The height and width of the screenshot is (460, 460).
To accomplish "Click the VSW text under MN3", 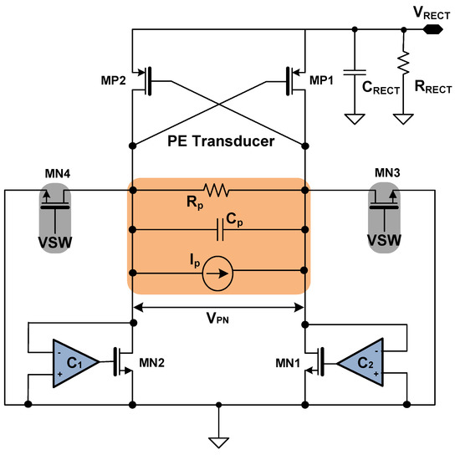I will click(x=388, y=240).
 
